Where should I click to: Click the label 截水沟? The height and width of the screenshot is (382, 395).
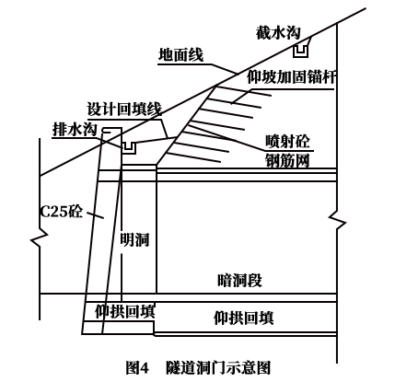[278, 33]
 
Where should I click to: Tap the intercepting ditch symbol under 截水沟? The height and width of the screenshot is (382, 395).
[300, 51]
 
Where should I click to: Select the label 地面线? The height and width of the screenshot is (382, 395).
[180, 55]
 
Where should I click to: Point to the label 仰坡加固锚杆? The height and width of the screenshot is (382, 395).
[291, 76]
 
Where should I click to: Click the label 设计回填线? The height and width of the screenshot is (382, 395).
[124, 109]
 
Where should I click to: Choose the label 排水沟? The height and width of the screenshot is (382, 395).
[75, 129]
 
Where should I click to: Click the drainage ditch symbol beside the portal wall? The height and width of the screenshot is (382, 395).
[129, 148]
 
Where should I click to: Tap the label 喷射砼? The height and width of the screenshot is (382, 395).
[287, 142]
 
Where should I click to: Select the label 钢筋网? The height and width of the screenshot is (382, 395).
[287, 160]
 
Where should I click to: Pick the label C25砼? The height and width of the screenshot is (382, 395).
[62, 211]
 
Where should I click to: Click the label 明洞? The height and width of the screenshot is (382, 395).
[134, 239]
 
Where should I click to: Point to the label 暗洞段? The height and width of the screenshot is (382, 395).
[239, 280]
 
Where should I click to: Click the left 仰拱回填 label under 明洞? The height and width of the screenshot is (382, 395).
[124, 311]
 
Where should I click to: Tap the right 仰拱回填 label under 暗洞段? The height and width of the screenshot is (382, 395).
[244, 318]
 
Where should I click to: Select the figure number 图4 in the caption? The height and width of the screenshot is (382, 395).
[137, 367]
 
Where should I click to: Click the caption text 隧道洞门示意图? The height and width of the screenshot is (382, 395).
[218, 367]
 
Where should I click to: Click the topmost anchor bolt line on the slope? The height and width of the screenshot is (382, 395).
[243, 91]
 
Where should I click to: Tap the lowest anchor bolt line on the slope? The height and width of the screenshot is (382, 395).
[194, 156]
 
